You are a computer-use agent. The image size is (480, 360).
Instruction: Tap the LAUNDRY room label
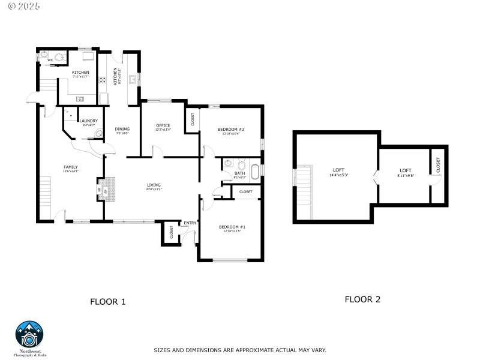coord(88,121)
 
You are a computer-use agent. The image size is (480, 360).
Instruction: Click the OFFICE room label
coord(163,125)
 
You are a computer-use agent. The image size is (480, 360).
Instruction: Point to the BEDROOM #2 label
coord(231,130)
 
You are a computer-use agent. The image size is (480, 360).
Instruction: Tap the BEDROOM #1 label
coord(231,226)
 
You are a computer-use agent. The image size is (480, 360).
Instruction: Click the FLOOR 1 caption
coord(107,302)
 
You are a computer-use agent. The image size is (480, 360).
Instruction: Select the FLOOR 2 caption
coord(362,299)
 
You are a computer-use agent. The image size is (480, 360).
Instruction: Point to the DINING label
coord(122,129)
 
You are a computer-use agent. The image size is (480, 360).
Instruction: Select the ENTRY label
coord(190,223)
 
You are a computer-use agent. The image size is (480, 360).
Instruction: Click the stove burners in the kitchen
coord(103,79)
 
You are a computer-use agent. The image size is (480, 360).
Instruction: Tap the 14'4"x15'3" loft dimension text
coord(339,175)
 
